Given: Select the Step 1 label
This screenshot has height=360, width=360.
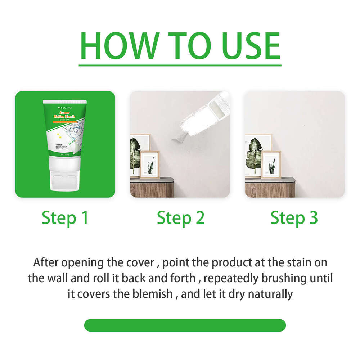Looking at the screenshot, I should coord(65,218).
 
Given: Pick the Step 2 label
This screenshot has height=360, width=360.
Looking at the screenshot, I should coord(180,218).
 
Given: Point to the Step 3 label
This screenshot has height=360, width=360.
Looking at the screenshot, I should coord(294,218).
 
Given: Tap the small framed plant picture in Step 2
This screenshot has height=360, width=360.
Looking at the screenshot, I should coord(150,165).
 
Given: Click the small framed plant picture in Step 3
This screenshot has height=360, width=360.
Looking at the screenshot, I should coord(271,165).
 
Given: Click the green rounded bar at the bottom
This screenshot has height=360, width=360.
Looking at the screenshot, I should coord(185,325).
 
